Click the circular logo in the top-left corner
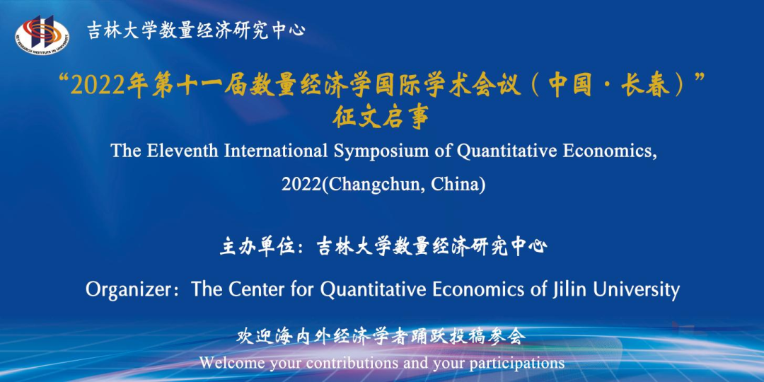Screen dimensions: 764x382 42,35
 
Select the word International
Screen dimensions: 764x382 276,151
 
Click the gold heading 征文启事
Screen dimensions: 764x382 381,118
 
